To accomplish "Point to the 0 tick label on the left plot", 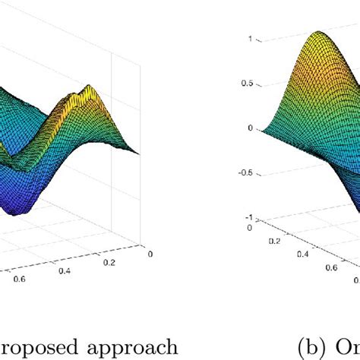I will [150, 254].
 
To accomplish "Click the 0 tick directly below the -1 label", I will [249, 226].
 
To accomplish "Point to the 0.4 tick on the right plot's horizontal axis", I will [303, 254].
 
